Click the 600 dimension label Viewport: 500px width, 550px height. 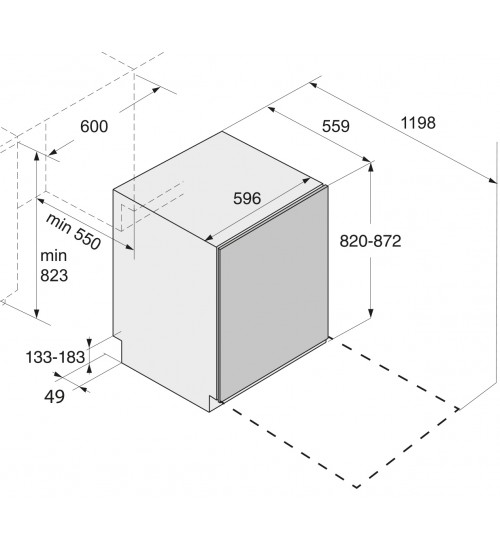(94, 126)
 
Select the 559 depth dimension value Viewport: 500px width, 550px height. (336, 126)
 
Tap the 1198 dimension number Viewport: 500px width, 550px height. (418, 123)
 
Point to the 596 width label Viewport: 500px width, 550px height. (247, 199)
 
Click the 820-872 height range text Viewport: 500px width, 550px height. (370, 241)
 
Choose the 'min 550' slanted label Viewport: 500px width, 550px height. (73, 231)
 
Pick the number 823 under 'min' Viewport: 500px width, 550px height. (54, 276)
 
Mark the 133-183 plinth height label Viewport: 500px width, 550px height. (55, 357)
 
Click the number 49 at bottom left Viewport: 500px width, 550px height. (54, 397)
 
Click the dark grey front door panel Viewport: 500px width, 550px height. (273, 294)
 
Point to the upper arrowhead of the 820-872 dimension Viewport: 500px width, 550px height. (371, 167)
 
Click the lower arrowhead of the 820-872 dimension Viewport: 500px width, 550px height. (371, 314)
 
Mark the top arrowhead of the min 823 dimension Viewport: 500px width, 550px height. (37, 155)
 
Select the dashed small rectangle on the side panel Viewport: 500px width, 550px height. (128, 217)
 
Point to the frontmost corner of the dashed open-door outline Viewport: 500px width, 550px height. (356, 487)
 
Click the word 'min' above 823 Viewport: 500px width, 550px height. (54, 256)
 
